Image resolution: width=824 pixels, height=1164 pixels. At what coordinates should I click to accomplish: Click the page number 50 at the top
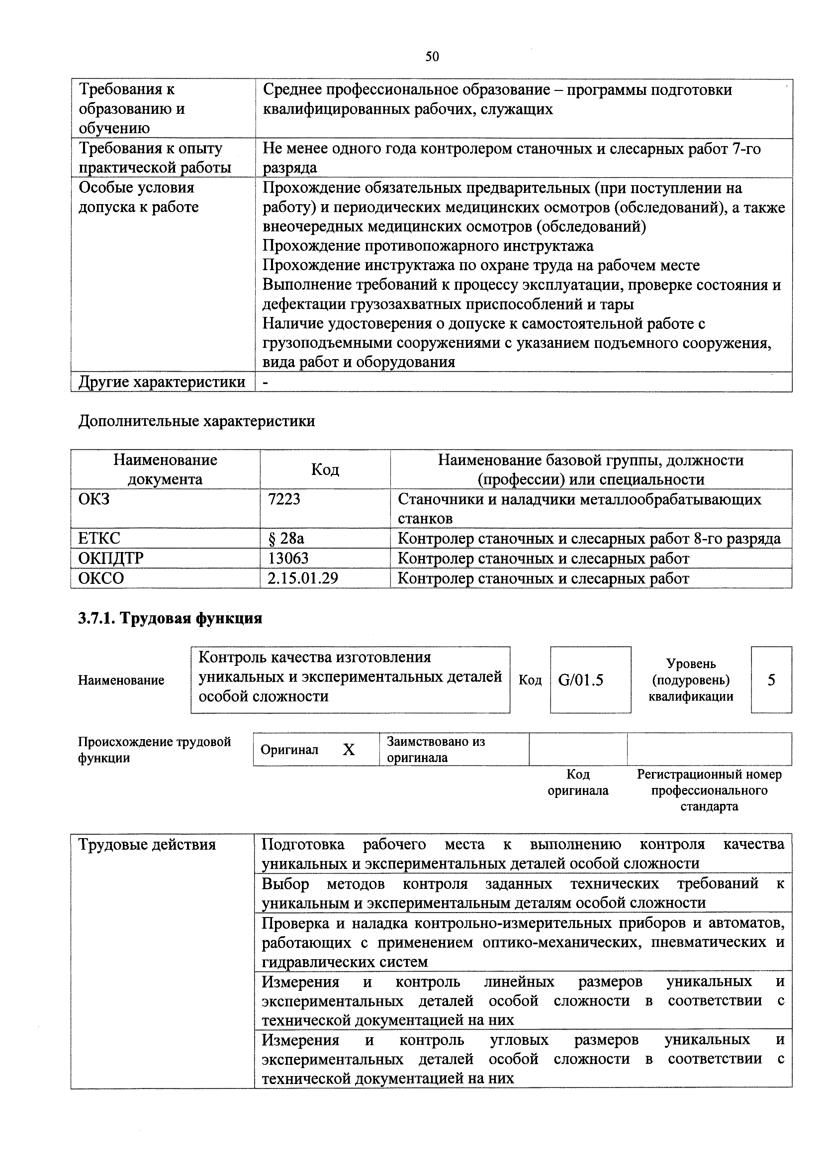(x=432, y=56)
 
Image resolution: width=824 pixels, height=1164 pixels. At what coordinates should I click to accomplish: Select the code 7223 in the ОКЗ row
(x=284, y=500)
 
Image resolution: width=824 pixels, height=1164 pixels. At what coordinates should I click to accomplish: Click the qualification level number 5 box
(x=771, y=680)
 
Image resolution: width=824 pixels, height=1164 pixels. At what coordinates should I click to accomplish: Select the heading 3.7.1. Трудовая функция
(x=170, y=618)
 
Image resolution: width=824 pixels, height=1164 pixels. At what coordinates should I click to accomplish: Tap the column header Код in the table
(x=325, y=469)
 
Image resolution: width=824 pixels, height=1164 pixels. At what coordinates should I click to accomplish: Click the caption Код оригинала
(x=578, y=782)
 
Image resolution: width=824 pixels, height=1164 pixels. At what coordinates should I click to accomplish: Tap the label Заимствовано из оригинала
(x=436, y=749)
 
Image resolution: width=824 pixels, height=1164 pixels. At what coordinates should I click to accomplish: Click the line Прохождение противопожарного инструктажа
(x=428, y=246)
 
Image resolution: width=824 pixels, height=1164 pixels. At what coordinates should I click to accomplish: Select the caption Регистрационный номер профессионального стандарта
(x=709, y=790)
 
